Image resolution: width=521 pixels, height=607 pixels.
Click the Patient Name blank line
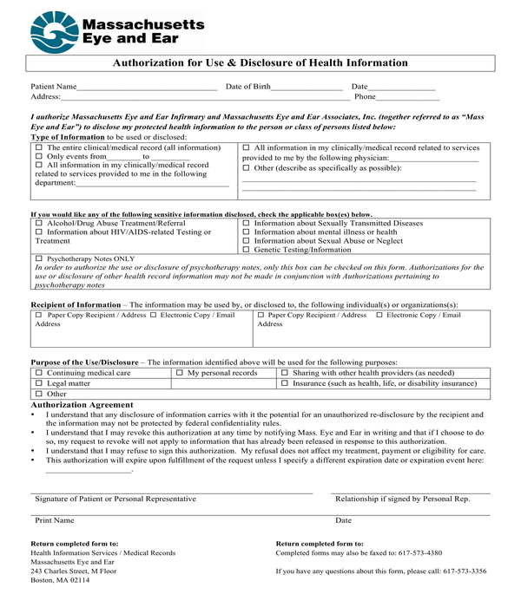click(147, 88)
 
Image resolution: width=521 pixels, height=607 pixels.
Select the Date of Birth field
click(307, 88)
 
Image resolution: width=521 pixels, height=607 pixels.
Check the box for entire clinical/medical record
click(38, 148)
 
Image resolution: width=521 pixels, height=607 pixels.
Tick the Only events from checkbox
click(38, 157)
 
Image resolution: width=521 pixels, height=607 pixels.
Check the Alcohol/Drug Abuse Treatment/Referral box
click(38, 224)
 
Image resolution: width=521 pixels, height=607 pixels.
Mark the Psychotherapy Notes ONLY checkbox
click(38, 258)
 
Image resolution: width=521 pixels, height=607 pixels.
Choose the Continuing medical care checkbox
click(38, 372)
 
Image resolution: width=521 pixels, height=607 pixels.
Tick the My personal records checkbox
click(180, 372)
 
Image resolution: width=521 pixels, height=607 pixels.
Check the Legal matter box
click(38, 382)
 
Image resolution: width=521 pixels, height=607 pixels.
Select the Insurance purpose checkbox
click(285, 382)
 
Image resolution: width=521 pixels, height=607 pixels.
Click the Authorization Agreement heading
click(82, 405)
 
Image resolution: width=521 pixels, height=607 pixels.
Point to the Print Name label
click(54, 520)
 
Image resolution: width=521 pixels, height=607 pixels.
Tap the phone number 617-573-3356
click(465, 571)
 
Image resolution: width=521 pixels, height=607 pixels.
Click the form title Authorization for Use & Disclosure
click(260, 63)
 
